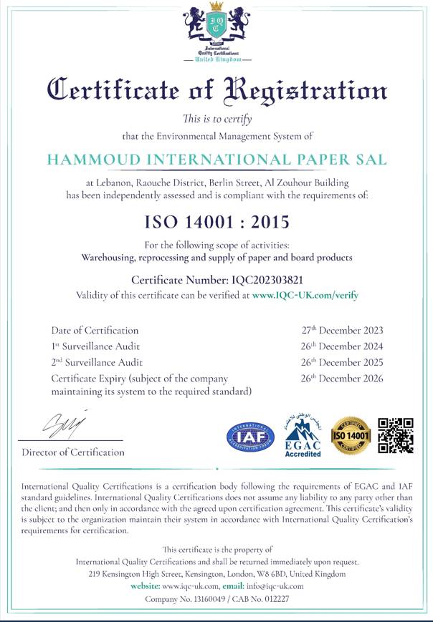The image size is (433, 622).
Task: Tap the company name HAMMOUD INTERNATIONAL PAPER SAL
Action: pyautogui.click(x=217, y=160)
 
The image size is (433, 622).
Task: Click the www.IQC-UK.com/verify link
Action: pyautogui.click(x=305, y=294)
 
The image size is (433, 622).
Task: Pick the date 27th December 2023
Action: pyautogui.click(x=342, y=330)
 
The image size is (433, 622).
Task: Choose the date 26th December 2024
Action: pyautogui.click(x=342, y=346)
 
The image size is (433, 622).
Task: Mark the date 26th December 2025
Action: pyautogui.click(x=342, y=362)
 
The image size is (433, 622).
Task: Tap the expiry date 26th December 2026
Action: pyautogui.click(x=342, y=378)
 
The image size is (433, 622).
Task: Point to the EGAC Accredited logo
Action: pyautogui.click(x=303, y=435)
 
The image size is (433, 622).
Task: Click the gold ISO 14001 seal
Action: pyautogui.click(x=351, y=436)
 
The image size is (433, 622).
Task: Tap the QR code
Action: pyautogui.click(x=396, y=435)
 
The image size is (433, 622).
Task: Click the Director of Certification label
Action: pyautogui.click(x=73, y=452)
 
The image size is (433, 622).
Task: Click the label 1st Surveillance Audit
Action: pyautogui.click(x=97, y=346)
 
